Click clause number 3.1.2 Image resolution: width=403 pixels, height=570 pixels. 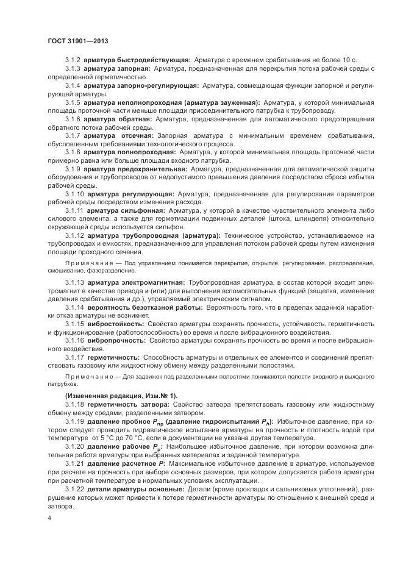point(73,60)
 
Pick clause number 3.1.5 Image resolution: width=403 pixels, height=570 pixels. point(73,103)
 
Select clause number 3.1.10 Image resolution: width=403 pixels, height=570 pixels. point(74,193)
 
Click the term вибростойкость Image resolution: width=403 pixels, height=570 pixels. point(115,324)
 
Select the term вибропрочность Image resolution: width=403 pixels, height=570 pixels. point(115,340)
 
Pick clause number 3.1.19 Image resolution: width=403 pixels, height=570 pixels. point(74,421)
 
